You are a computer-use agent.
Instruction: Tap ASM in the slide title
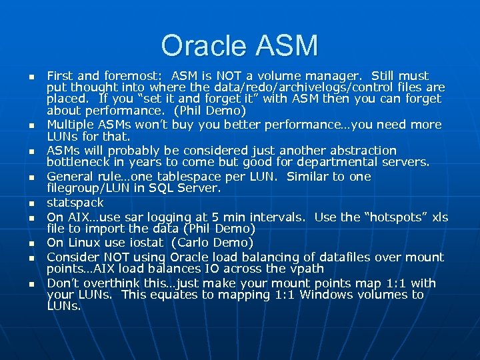coord(288,46)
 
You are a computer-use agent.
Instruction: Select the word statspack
coord(75,203)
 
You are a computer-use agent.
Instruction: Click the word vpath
coord(306,269)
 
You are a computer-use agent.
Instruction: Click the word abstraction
coord(357,151)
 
